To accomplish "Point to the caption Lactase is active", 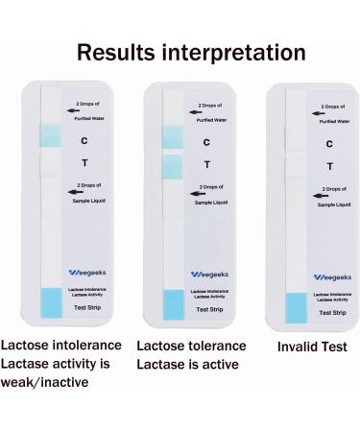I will [188, 365].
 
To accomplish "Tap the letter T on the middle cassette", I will [206, 164].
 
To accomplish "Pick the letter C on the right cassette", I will [327, 144].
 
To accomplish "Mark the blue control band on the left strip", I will [51, 136].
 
